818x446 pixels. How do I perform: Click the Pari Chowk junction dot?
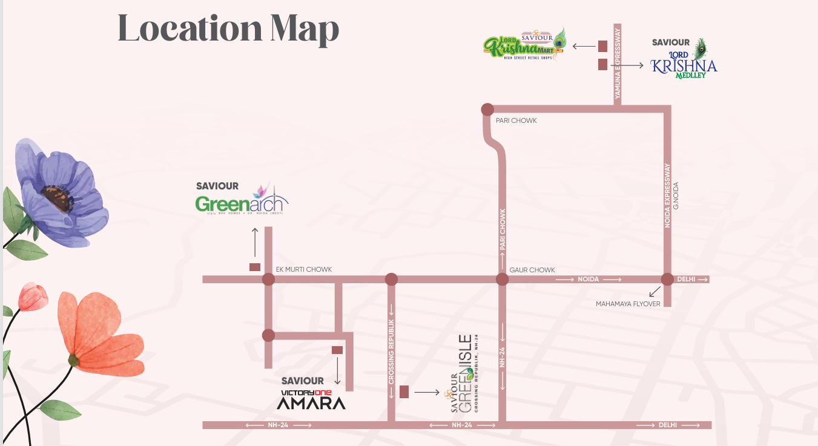pyautogui.click(x=487, y=110)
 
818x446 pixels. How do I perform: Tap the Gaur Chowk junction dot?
pyautogui.click(x=502, y=280)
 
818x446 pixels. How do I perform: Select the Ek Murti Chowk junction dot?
pyautogui.click(x=268, y=280)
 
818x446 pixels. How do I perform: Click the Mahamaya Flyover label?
pyautogui.click(x=628, y=304)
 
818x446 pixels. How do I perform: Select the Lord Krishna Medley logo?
pyautogui.click(x=684, y=60)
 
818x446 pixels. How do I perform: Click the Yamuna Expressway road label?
pyautogui.click(x=618, y=64)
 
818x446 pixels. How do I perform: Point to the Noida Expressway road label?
pyautogui.click(x=668, y=195)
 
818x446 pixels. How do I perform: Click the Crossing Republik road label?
pyautogui.click(x=391, y=352)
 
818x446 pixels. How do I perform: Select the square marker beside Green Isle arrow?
pyautogui.click(x=404, y=392)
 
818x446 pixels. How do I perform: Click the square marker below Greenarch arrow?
pyautogui.click(x=255, y=267)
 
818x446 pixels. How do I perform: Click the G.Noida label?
pyautogui.click(x=676, y=195)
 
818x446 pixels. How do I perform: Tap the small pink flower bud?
pyautogui.click(x=32, y=296)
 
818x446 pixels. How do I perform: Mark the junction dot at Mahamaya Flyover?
pyautogui.click(x=667, y=280)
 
